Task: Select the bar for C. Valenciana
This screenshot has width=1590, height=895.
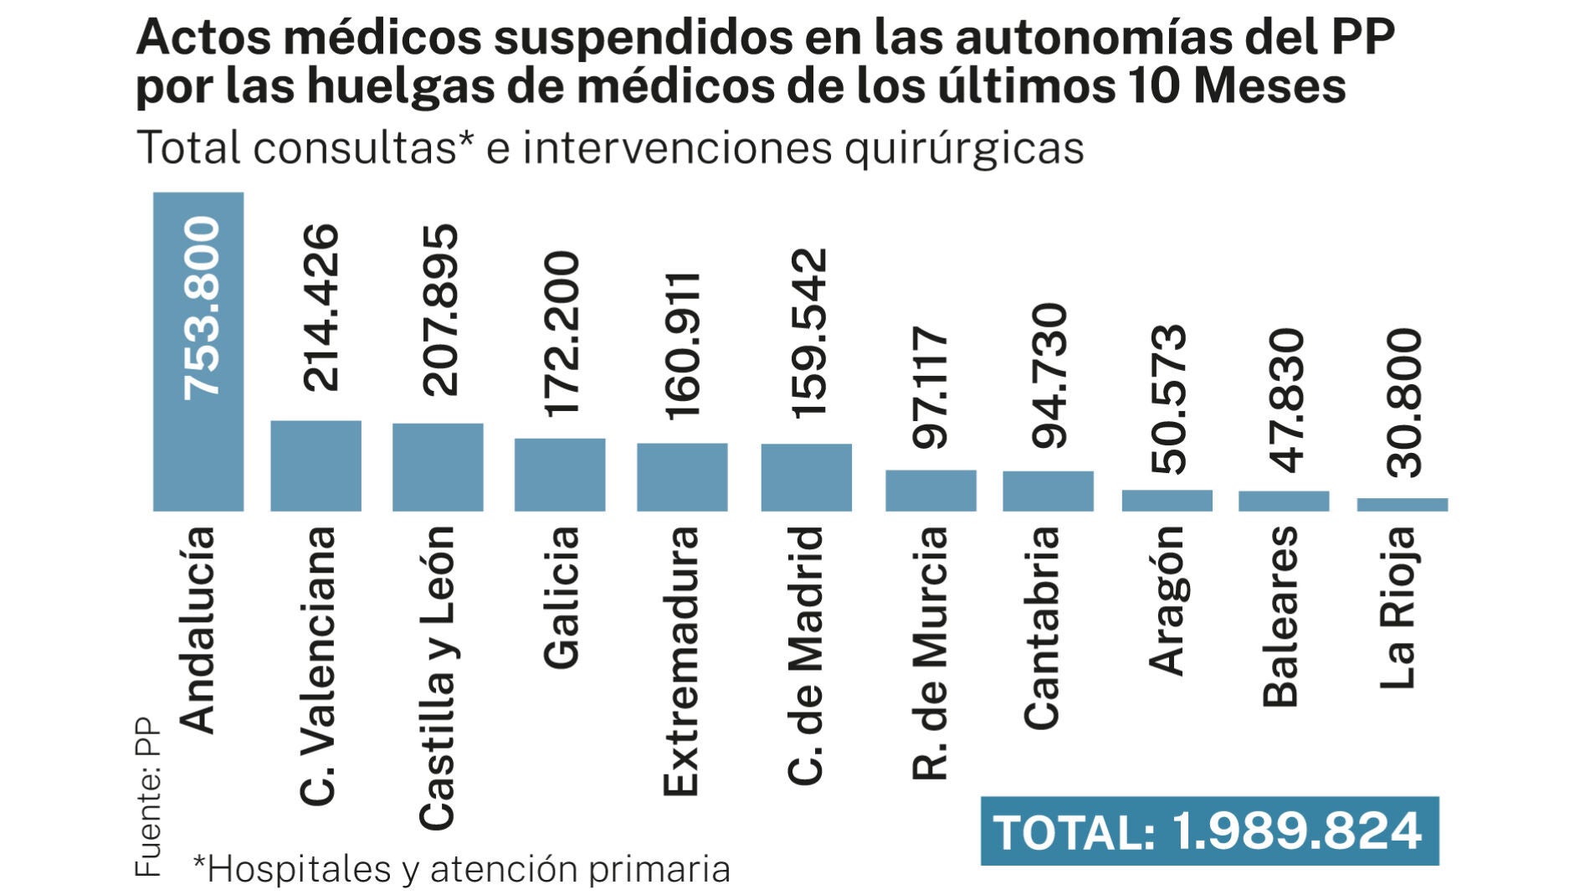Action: tap(315, 466)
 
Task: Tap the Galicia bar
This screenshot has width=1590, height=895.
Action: tap(559, 474)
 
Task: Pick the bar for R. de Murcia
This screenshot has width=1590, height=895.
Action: tap(931, 490)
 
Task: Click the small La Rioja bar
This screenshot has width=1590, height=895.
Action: tap(1402, 504)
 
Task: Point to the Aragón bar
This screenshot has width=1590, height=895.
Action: tap(1167, 500)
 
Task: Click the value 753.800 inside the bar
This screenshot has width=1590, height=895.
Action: tap(202, 307)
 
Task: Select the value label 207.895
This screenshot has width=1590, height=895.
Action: tap(440, 310)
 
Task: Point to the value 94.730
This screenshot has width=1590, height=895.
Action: tap(1049, 376)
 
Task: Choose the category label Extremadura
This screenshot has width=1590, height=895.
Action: tap(680, 661)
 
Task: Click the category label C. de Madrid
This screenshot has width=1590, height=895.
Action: tap(806, 655)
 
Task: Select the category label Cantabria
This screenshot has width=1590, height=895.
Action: tap(1042, 627)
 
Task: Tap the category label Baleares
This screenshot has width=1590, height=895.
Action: tap(1280, 616)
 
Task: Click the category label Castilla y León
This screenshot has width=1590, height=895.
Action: tap(437, 677)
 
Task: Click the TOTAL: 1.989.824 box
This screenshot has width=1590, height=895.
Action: tap(1208, 831)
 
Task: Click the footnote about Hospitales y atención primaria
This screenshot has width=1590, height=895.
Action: tap(461, 869)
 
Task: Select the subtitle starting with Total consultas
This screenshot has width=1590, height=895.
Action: tap(609, 148)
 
